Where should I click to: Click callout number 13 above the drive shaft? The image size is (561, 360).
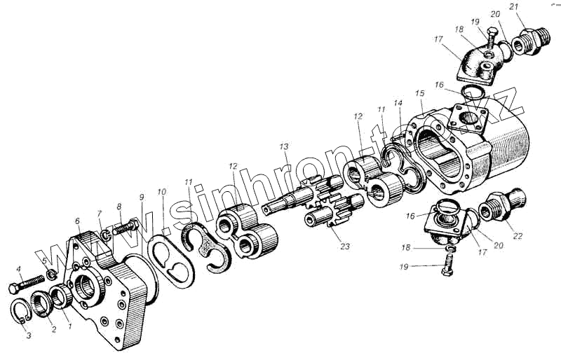(283, 147)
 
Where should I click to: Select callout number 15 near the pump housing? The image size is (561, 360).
(420, 93)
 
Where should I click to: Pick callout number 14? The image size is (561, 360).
(398, 104)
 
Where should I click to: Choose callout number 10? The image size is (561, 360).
(162, 191)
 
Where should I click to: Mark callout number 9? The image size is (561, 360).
(141, 197)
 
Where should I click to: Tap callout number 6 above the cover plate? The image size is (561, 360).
(76, 221)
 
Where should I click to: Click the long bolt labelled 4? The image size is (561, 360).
(27, 286)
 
